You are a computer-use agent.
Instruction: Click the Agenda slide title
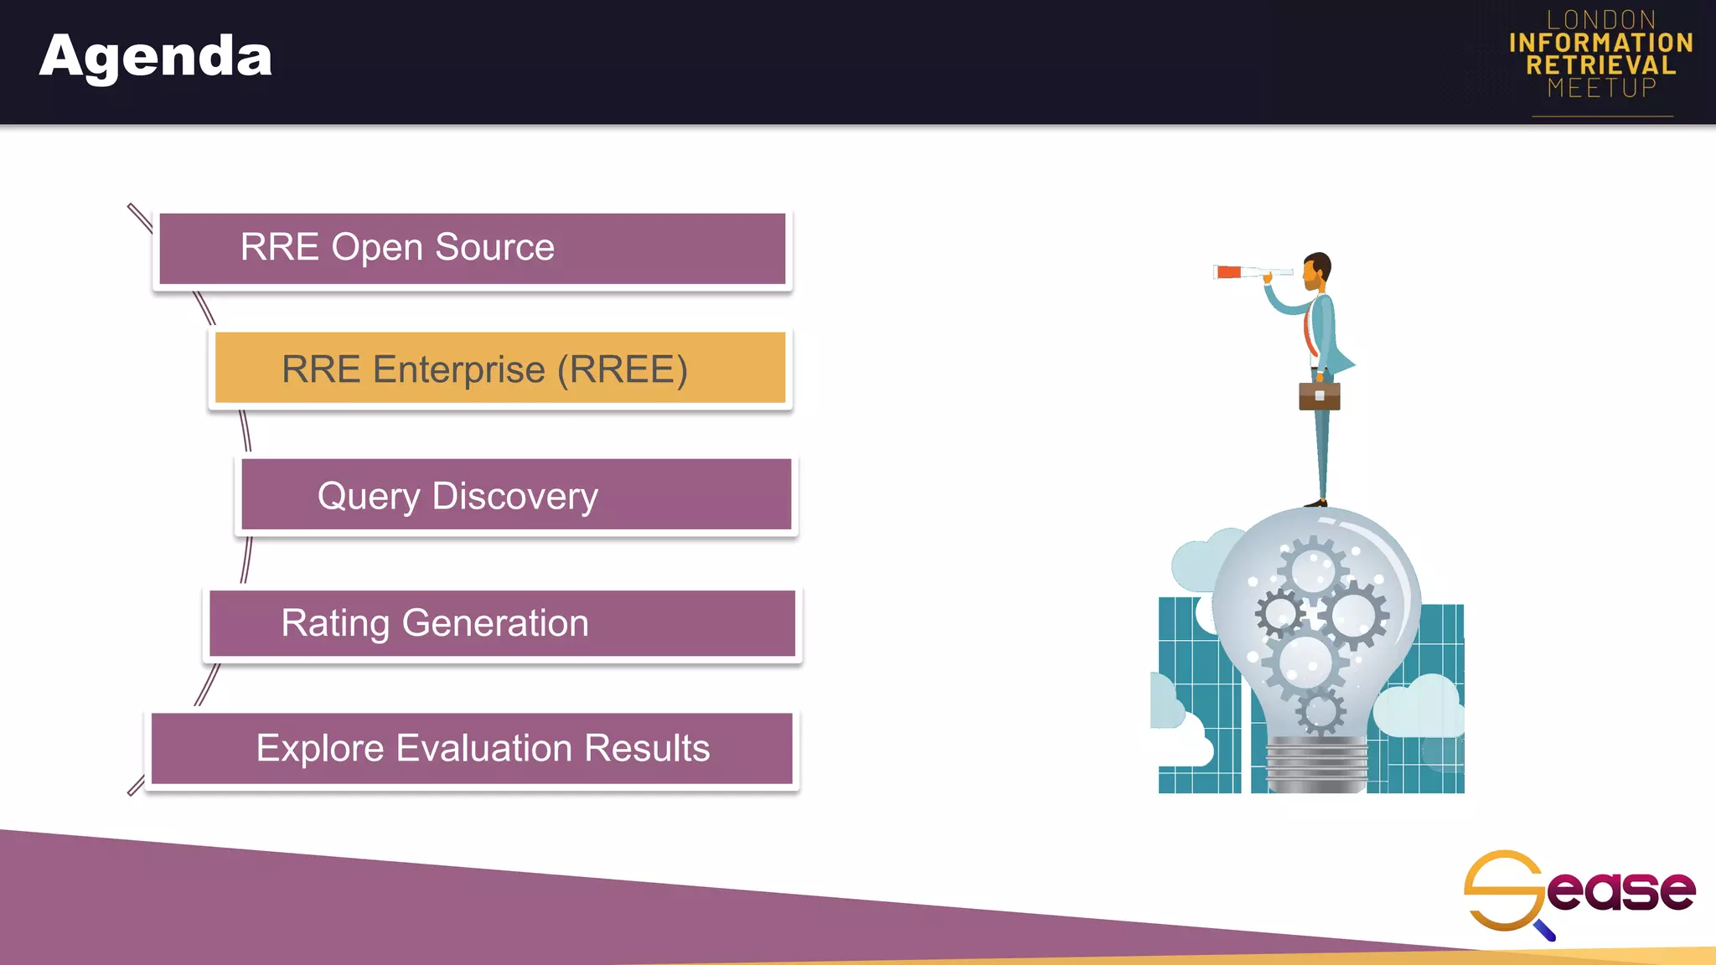pyautogui.click(x=156, y=56)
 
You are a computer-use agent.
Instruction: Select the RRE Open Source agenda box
pyautogui.click(x=472, y=248)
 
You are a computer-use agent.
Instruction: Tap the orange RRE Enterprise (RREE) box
pyautogui.click(x=500, y=369)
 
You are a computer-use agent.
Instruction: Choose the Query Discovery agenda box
pyautogui.click(x=515, y=495)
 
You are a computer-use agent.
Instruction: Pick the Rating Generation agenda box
pyautogui.click(x=501, y=623)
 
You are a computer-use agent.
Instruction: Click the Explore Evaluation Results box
pyautogui.click(x=472, y=748)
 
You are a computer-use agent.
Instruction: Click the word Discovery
pyautogui.click(x=514, y=497)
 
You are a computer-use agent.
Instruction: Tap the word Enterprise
pyautogui.click(x=458, y=369)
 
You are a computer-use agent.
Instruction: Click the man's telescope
pyautogui.click(x=1252, y=271)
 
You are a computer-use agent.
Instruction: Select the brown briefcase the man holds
pyautogui.click(x=1319, y=395)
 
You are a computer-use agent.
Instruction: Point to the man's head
pyautogui.click(x=1317, y=269)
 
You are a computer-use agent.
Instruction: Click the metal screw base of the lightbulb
pyautogui.click(x=1316, y=764)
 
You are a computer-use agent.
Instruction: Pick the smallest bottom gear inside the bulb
pyautogui.click(x=1321, y=712)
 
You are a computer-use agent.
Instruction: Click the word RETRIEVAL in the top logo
pyautogui.click(x=1600, y=65)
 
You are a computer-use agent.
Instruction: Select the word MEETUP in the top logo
pyautogui.click(x=1601, y=88)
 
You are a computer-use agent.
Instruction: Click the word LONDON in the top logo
pyautogui.click(x=1601, y=19)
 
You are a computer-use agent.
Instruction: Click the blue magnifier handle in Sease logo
pyautogui.click(x=1545, y=930)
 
